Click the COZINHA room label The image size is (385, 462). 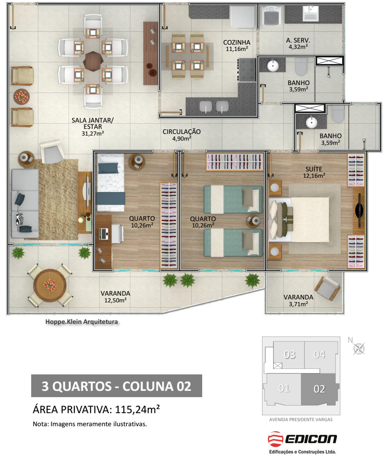[x=237, y=43]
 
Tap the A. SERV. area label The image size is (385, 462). [x=298, y=40]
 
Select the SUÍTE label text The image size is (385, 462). [x=314, y=169]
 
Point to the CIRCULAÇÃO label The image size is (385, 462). [x=182, y=132]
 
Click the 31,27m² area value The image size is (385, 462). [x=93, y=134]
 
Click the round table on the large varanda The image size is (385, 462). [x=50, y=285]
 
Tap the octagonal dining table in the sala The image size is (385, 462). [x=93, y=61]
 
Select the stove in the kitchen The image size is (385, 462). [x=246, y=69]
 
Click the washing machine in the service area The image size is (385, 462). [x=272, y=16]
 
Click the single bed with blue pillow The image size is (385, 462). [x=110, y=183]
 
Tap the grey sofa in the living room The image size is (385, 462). [x=25, y=203]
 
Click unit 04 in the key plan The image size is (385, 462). [x=319, y=355]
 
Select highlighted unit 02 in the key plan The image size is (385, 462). [x=319, y=389]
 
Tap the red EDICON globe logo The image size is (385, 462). [x=275, y=439]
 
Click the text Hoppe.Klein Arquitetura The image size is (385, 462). [x=81, y=322]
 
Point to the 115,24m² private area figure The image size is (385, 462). [x=137, y=409]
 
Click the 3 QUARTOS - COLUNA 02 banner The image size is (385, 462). [x=116, y=386]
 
